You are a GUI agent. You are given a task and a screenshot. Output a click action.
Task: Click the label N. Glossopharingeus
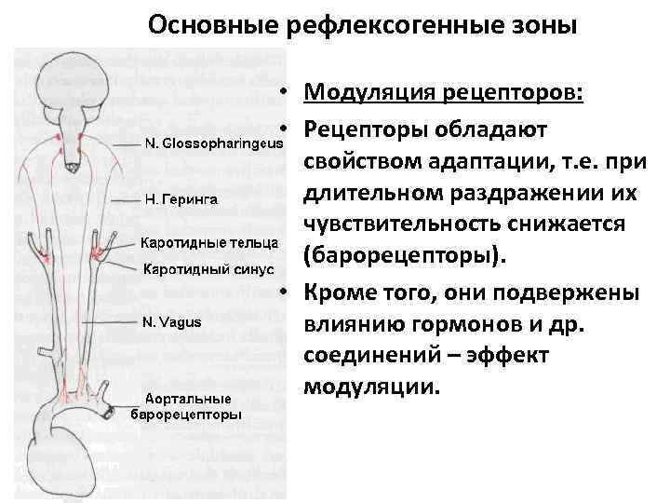213,144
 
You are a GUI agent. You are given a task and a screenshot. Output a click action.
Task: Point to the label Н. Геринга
181,198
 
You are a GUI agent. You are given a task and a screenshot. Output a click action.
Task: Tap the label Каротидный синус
208,269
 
